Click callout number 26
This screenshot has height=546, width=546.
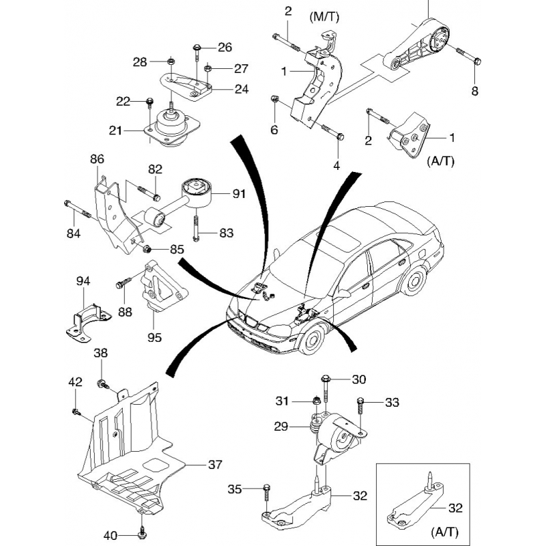tap(225, 48)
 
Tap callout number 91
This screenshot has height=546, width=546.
tap(238, 194)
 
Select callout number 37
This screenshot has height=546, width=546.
tap(216, 465)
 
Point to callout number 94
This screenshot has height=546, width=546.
tap(83, 281)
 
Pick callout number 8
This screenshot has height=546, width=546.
tap(476, 91)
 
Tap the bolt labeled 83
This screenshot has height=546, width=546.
tap(197, 228)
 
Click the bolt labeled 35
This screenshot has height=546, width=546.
tap(267, 490)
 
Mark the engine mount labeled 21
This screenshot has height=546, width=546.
tap(171, 127)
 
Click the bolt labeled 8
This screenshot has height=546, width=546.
tap(470, 57)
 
